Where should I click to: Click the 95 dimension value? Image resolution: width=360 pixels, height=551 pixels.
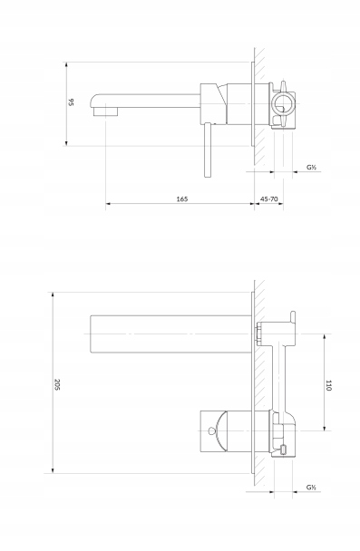tap(71, 102)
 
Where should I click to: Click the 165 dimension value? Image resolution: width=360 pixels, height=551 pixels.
tap(182, 198)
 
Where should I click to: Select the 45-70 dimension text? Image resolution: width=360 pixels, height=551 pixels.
tap(269, 198)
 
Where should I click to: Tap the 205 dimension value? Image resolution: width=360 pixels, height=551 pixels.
tap(58, 384)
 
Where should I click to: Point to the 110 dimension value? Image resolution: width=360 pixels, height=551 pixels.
tap(328, 385)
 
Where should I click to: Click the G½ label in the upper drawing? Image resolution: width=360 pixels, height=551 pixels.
tap(311, 168)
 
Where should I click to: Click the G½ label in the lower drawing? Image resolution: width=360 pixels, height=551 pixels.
tap(311, 487)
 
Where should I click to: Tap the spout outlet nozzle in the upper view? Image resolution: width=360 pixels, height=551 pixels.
tap(105, 111)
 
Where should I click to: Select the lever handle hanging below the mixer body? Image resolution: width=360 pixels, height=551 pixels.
tap(208, 150)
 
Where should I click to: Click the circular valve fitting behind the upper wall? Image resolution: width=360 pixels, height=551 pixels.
tap(283, 104)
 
